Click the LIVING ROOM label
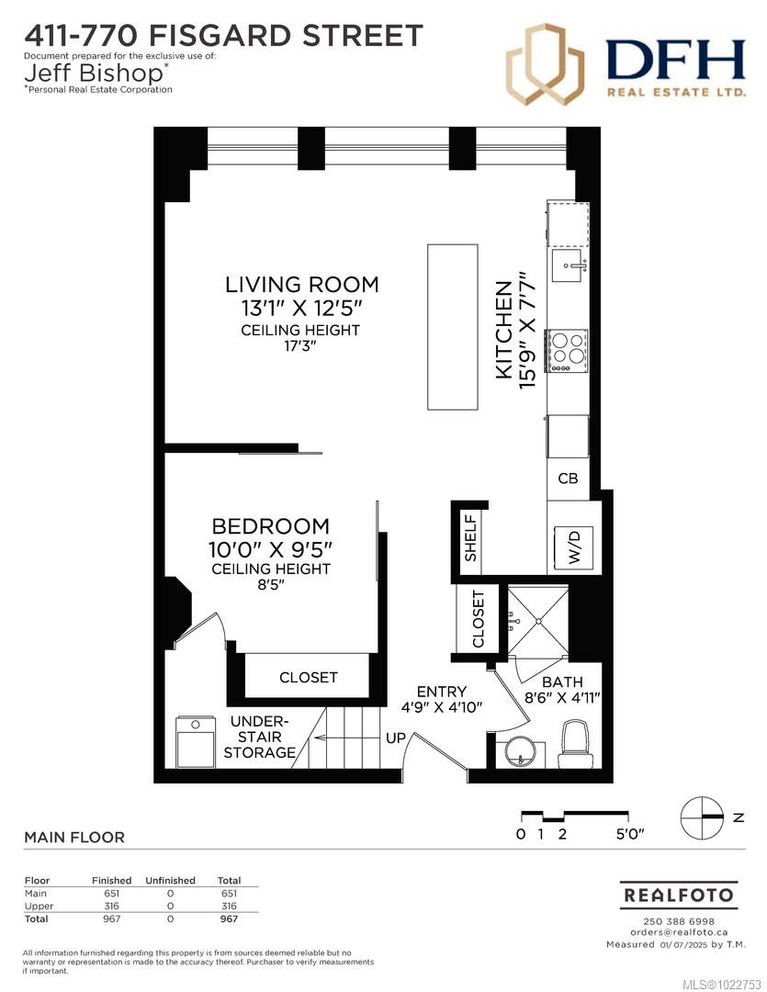[x=302, y=285]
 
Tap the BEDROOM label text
[x=270, y=526]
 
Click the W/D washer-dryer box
[x=574, y=547]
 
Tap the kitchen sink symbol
[x=568, y=268]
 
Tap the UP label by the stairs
[x=396, y=738]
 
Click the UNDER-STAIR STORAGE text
[x=260, y=737]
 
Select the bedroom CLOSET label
[x=309, y=677]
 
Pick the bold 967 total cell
[x=229, y=919]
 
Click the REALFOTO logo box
[x=679, y=895]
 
